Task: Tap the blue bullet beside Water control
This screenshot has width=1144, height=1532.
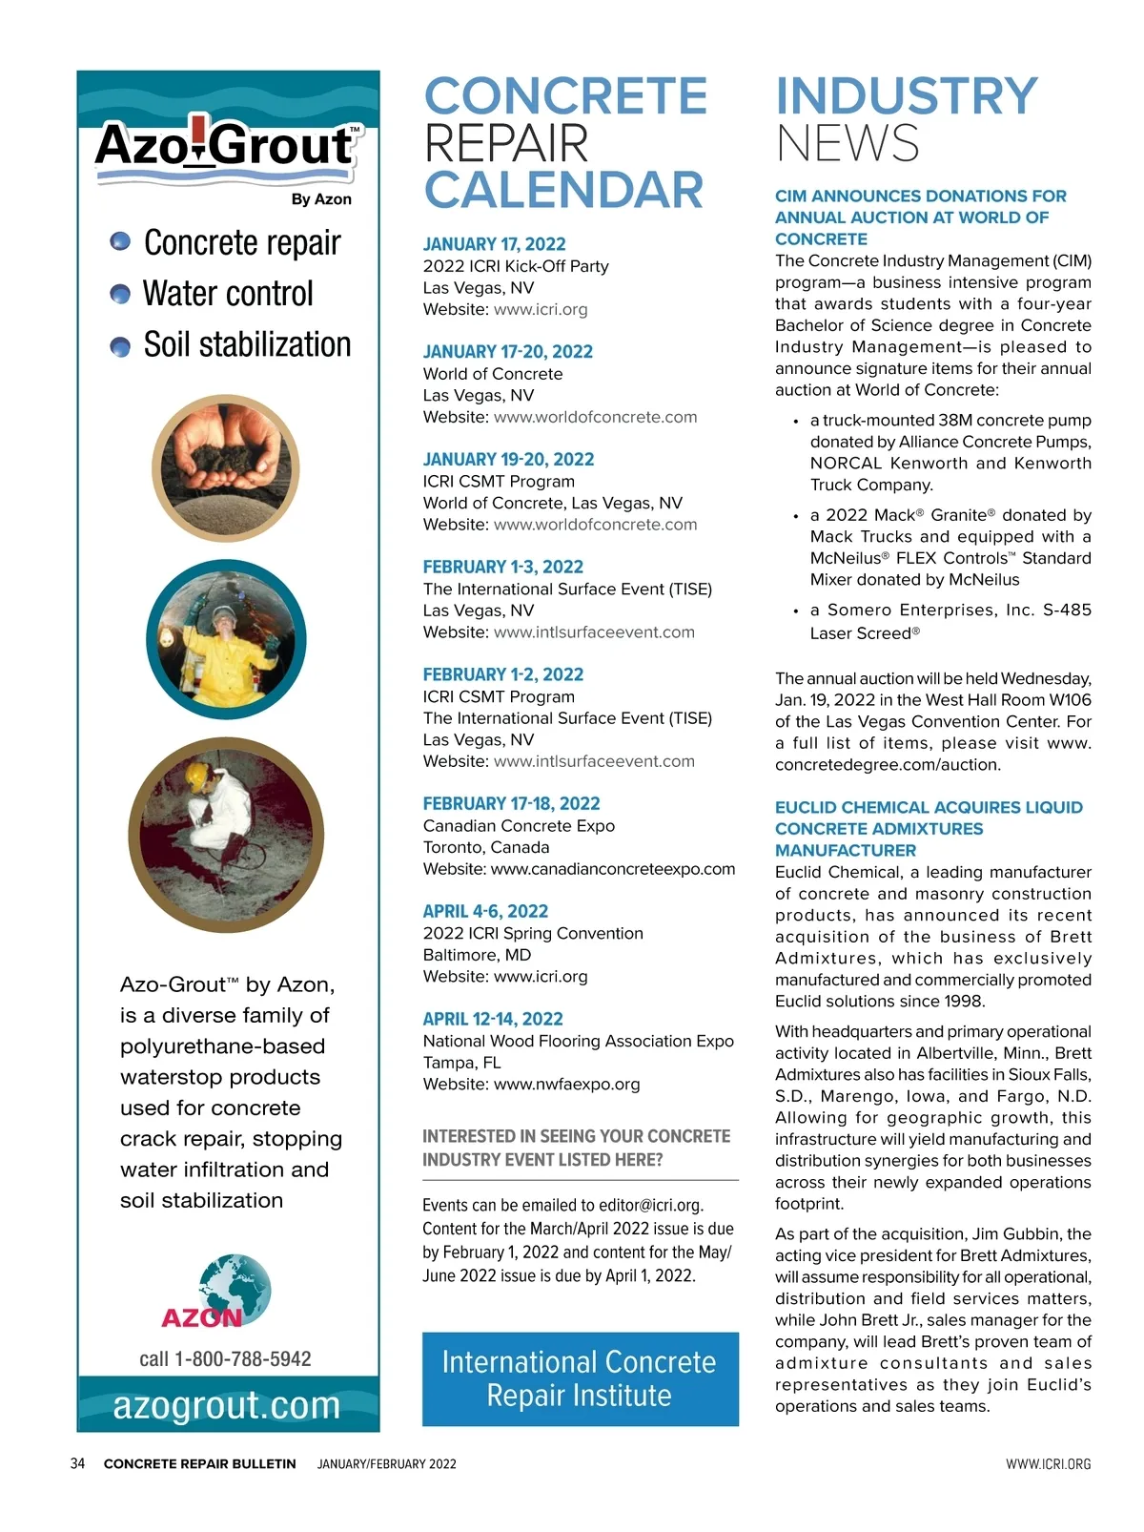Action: pos(120,294)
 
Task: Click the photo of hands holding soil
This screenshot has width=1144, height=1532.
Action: pos(226,467)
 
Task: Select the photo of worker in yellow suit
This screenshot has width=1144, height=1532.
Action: pos(226,639)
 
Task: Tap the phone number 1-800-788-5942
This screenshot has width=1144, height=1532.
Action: pos(243,1358)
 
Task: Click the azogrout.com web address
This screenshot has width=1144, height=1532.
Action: pos(227,1405)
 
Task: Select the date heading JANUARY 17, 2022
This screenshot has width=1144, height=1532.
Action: pos(494,244)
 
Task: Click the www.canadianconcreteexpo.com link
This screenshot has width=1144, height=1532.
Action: pos(613,869)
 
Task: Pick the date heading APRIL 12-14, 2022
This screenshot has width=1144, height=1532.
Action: pos(493,1019)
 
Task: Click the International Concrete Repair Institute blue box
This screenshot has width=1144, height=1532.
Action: pos(580,1378)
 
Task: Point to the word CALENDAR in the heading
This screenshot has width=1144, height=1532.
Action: pos(563,190)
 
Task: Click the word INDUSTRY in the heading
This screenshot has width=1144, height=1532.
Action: pos(906,96)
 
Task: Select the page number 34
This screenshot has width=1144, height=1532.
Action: pos(78,1463)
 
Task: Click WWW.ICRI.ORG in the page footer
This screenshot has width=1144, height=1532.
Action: pos(1048,1463)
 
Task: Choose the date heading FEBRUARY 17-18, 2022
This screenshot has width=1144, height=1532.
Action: pos(511,803)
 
